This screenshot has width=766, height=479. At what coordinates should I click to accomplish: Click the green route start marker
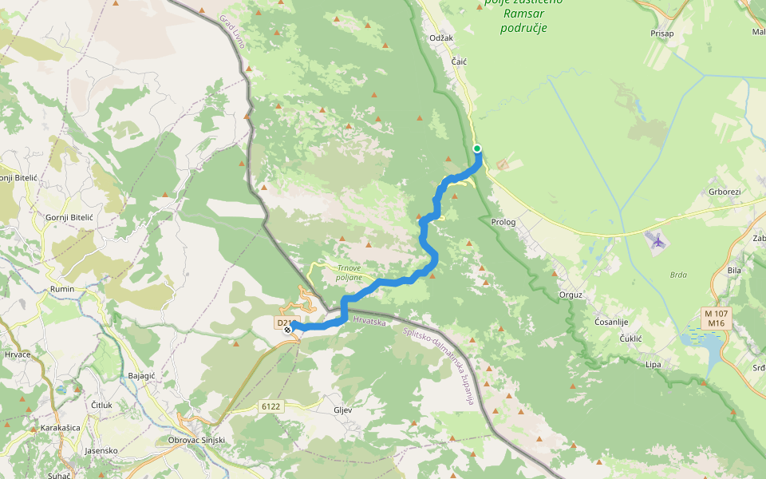(477, 148)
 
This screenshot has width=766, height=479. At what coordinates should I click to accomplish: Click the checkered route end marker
(287, 329)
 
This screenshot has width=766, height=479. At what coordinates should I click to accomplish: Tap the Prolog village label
(503, 222)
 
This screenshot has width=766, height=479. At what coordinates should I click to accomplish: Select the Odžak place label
(440, 38)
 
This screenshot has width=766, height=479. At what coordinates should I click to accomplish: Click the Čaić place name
(459, 61)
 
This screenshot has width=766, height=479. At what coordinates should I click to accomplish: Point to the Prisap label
(661, 34)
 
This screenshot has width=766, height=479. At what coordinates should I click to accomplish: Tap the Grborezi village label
(725, 192)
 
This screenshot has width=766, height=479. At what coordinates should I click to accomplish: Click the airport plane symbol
(657, 239)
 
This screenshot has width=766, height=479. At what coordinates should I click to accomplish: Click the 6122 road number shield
(271, 406)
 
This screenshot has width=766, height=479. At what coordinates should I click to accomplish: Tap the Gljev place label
(342, 410)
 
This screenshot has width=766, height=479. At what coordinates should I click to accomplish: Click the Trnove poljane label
(349, 273)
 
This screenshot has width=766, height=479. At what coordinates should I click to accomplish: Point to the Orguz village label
(571, 295)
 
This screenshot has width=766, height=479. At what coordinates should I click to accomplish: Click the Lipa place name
(653, 364)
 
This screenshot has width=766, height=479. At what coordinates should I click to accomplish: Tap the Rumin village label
(61, 289)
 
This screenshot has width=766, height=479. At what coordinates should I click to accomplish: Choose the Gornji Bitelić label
(69, 218)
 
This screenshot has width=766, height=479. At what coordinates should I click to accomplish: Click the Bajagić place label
(141, 375)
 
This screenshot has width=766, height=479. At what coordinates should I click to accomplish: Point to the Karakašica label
(61, 428)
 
